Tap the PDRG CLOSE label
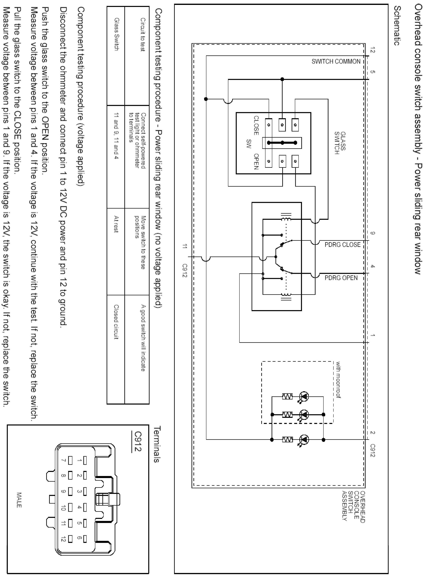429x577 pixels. coord(343,245)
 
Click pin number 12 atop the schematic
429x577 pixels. coord(373,50)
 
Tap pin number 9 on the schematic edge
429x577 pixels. coord(373,233)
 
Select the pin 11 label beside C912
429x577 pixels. coord(185,246)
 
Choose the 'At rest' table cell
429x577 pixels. coord(116,224)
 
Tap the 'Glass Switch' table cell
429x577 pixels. coord(116,34)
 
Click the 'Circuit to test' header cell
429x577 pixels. coord(143,34)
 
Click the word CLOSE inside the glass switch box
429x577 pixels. coord(256,125)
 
